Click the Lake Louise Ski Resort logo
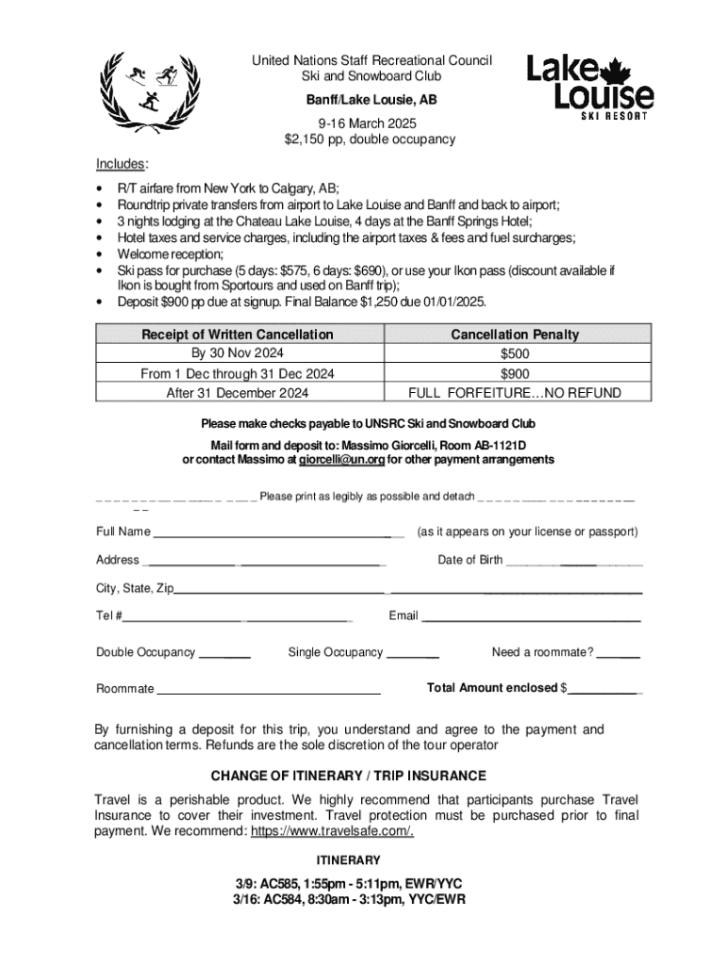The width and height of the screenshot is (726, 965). pyautogui.click(x=589, y=86)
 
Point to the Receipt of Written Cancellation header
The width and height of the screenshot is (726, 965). pyautogui.click(x=237, y=335)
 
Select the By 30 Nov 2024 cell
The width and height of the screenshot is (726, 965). pyautogui.click(x=237, y=354)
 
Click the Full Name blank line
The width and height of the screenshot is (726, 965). pyautogui.click(x=278, y=533)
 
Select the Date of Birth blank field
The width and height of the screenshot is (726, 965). pyautogui.click(x=574, y=562)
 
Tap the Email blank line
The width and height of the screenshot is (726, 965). pyautogui.click(x=531, y=618)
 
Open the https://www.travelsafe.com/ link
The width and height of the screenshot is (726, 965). pyautogui.click(x=332, y=831)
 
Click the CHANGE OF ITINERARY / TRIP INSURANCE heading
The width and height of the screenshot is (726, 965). pyautogui.click(x=348, y=776)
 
